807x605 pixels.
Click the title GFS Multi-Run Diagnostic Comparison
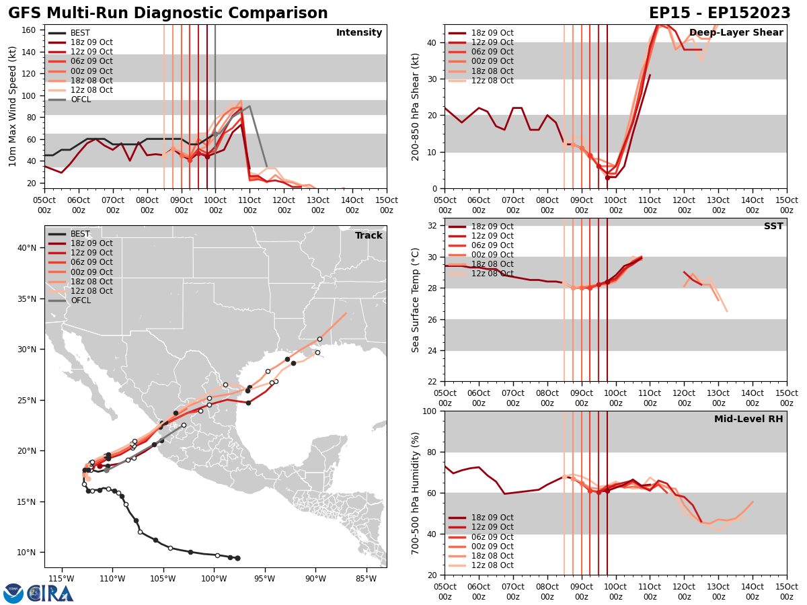coord(168,13)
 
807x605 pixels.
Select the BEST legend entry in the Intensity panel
coord(79,33)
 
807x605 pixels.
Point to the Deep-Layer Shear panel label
coord(736,33)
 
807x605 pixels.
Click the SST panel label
coord(773,227)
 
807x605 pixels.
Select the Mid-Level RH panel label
coord(748,419)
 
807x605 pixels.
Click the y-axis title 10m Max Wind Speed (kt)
coord(13,106)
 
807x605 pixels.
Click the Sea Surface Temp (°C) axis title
coord(416,300)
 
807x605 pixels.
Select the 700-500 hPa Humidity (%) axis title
coord(416,493)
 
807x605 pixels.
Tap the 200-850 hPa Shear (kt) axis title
coord(416,106)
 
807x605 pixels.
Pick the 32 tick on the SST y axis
coord(433,226)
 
